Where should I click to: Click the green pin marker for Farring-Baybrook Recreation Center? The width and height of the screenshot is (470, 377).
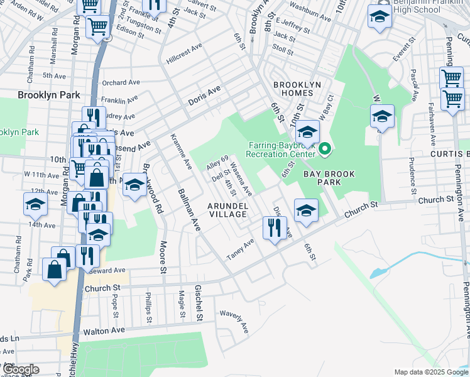tap(325, 149)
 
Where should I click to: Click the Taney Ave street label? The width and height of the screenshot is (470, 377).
tap(240, 248)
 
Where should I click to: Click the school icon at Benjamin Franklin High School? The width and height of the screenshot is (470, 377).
tap(380, 18)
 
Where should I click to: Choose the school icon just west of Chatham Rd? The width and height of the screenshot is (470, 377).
tap(35, 204)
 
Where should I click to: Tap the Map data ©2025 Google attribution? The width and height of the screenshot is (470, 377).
tap(430, 372)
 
